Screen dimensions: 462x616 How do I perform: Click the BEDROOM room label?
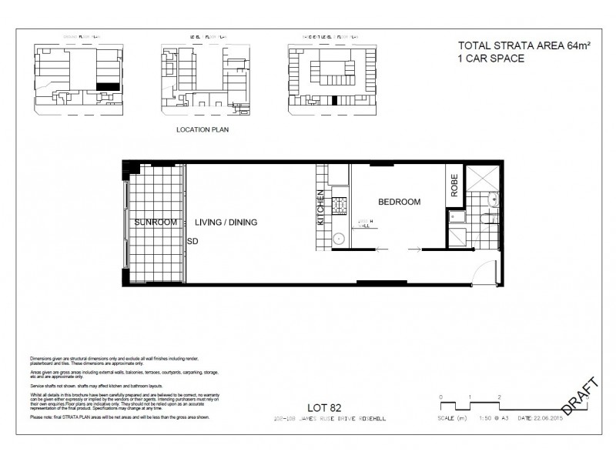pyautogui.click(x=399, y=202)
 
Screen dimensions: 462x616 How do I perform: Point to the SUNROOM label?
pyautogui.click(x=156, y=222)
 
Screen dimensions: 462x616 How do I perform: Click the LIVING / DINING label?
pyautogui.click(x=226, y=223)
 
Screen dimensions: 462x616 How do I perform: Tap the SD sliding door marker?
pyautogui.click(x=192, y=240)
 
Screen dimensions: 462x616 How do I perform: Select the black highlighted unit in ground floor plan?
pyautogui.click(x=109, y=88)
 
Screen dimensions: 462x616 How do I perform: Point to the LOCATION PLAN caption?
pyautogui.click(x=203, y=130)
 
